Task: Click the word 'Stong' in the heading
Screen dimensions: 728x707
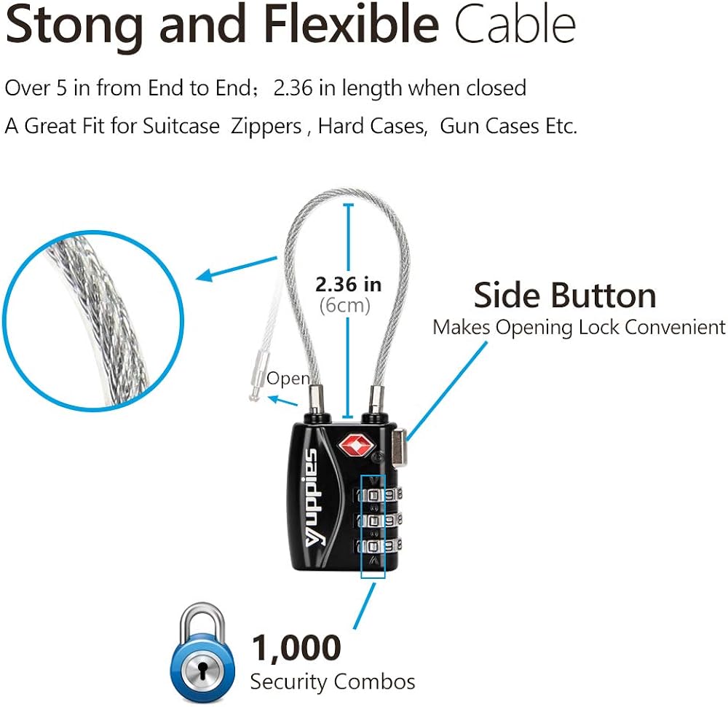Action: [x=74, y=24]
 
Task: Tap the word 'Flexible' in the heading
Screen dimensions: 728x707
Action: [x=352, y=23]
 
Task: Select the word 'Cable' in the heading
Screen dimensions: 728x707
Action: [x=515, y=23]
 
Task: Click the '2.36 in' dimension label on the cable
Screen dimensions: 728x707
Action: [x=348, y=285]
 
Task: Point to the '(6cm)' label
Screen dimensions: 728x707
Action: [x=345, y=306]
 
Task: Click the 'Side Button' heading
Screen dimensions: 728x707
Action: [x=565, y=295]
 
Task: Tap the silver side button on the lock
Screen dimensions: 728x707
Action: [x=399, y=446]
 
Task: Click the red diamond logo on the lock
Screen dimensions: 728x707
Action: [x=356, y=445]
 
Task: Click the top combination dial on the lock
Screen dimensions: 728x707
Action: [x=377, y=495]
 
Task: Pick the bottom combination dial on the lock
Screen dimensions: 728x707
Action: [x=377, y=546]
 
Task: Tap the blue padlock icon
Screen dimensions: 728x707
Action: [x=203, y=653]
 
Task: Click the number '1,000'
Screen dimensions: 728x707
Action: [x=296, y=648]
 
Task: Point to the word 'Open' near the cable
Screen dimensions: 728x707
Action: [x=288, y=379]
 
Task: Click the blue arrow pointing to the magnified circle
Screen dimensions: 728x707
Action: [x=237, y=269]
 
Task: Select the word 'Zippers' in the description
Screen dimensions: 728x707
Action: [x=266, y=127]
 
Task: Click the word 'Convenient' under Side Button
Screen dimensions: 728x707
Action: [x=675, y=327]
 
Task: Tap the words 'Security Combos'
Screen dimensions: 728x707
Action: [x=333, y=682]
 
